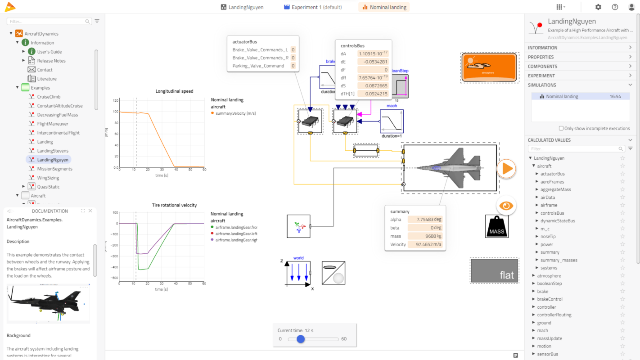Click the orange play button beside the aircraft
coord(506,169)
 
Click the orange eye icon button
coord(506,206)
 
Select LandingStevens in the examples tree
coord(53,151)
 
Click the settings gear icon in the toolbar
coord(598,7)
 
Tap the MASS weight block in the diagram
coord(497,226)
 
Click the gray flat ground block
coord(494,270)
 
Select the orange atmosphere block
coord(490,67)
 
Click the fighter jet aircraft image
coord(450,168)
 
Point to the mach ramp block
coord(392,121)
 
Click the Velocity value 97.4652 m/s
coord(425,244)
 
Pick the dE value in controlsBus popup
coord(373,62)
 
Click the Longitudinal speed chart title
coord(174,91)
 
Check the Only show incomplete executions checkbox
coord(561,128)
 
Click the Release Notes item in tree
coord(51,61)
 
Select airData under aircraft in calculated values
coord(548,198)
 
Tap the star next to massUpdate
coord(623,338)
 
